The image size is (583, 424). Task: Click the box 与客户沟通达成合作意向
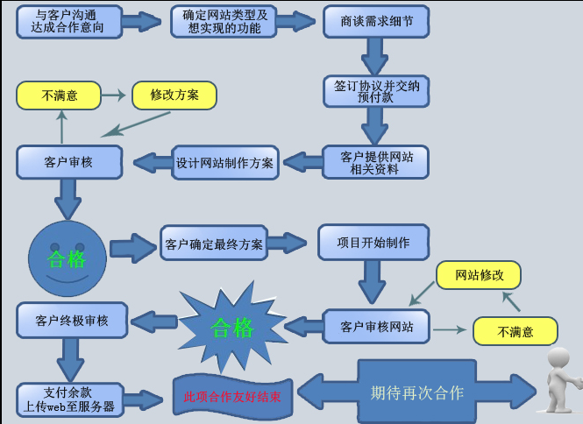click(68, 20)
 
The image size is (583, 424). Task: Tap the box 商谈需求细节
click(375, 20)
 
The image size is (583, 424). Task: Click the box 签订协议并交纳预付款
click(375, 90)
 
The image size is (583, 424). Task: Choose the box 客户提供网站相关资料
click(375, 162)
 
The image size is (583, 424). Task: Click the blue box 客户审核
click(68, 162)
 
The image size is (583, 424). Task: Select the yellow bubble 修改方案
click(174, 95)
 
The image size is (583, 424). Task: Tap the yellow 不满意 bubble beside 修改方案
click(58, 95)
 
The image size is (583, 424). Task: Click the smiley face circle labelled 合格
click(68, 258)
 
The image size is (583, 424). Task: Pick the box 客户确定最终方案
click(214, 244)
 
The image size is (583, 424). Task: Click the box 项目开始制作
click(374, 242)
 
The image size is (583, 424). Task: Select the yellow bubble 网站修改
click(479, 275)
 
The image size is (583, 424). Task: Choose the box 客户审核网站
click(375, 327)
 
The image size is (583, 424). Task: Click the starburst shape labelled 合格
click(231, 328)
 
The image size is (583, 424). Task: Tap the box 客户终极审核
click(72, 320)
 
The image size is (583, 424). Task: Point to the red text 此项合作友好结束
click(232, 397)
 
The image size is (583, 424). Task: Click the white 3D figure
click(560, 380)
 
